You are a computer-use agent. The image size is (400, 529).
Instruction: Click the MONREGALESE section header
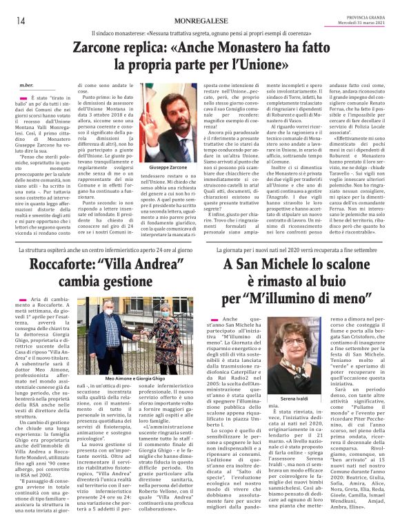(x=201, y=21)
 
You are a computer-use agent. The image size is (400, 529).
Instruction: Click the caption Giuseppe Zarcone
(x=169, y=168)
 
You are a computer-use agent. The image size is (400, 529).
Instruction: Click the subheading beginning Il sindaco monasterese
(x=199, y=34)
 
